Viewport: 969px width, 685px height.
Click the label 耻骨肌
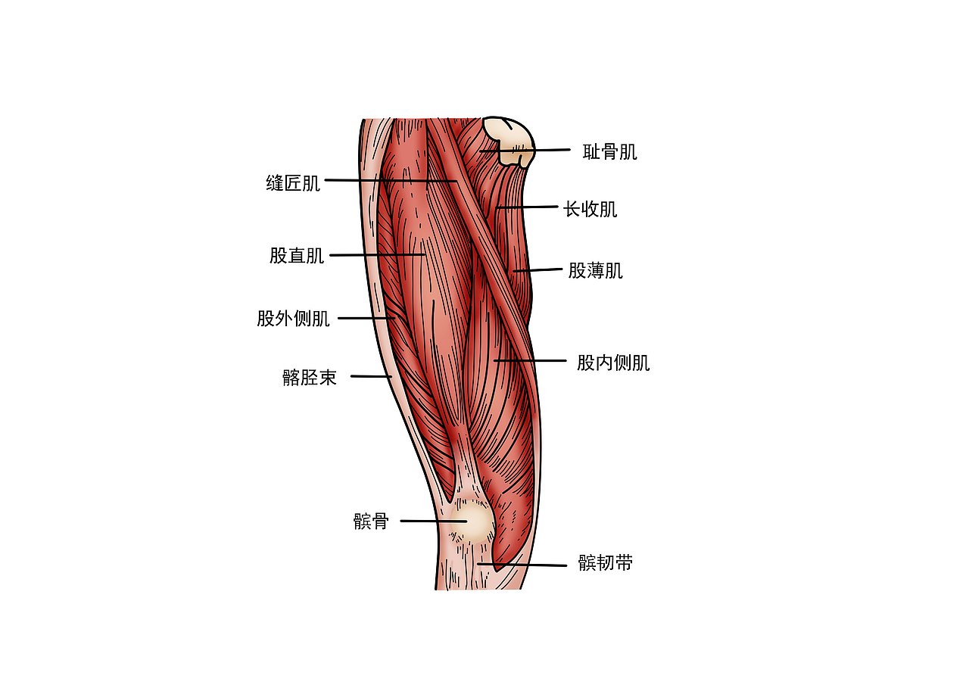point(609,152)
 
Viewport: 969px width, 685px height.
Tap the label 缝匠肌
point(293,183)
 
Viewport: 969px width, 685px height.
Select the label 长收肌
point(590,209)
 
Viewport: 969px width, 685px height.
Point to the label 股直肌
point(296,256)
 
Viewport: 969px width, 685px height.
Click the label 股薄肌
point(595,271)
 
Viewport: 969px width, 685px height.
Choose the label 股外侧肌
point(293,319)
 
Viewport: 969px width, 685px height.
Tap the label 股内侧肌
point(613,363)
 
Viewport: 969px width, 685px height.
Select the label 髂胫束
point(309,378)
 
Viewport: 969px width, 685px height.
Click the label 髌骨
point(371,522)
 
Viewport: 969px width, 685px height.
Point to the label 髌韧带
point(605,563)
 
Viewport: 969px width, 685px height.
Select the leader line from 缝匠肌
point(390,180)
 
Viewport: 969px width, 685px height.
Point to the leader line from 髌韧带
point(522,565)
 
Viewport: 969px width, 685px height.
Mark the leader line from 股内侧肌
point(530,361)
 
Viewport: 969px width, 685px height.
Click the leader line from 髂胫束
point(370,376)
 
